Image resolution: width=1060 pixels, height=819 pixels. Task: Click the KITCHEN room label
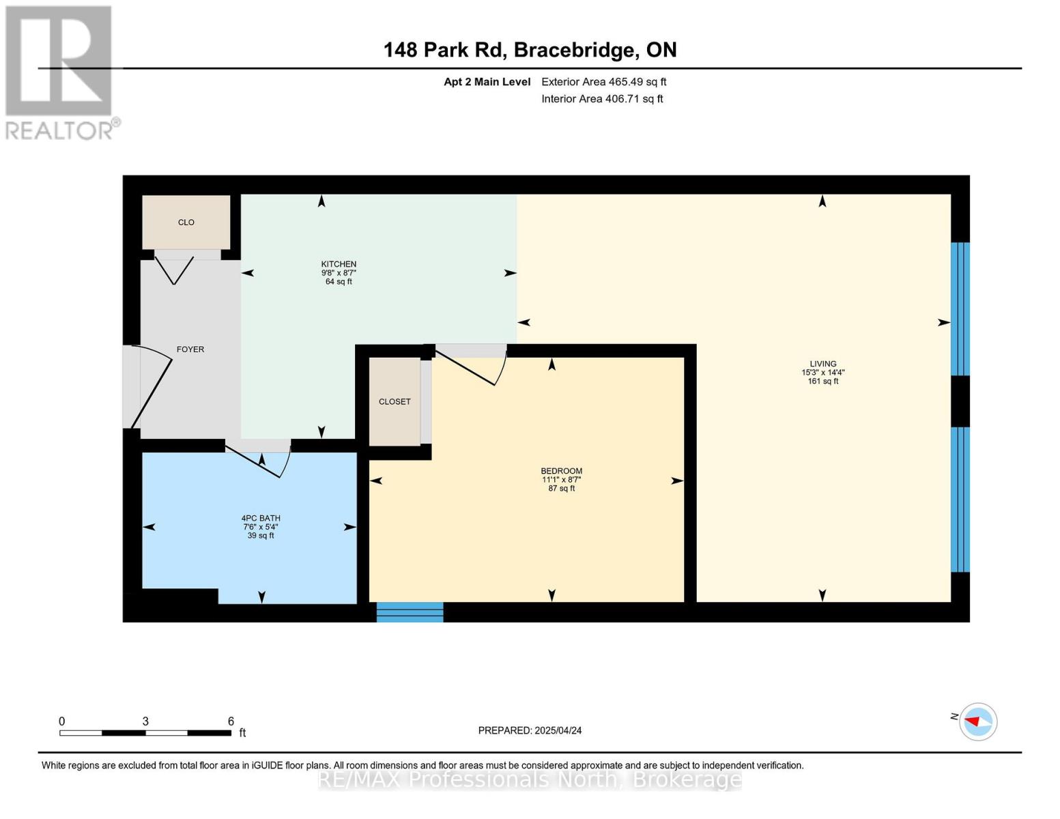coord(339,264)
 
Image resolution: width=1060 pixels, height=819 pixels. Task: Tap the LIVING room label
coord(822,364)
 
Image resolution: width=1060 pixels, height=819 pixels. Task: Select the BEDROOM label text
coord(561,471)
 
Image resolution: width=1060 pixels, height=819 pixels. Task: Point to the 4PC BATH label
coord(261,518)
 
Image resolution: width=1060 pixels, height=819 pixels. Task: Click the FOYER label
coord(190,349)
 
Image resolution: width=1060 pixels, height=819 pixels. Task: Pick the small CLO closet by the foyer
coord(186,222)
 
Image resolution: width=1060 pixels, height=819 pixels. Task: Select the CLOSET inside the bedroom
coord(395,401)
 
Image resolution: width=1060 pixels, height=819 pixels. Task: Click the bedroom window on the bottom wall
coord(410,612)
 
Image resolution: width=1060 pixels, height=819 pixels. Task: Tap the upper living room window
coord(960,309)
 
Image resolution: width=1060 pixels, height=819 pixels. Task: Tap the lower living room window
coord(960,499)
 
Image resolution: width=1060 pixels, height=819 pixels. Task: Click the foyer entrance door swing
coord(150,386)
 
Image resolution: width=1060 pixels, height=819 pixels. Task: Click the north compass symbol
coord(977,721)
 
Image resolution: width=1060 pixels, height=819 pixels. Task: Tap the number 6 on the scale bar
coord(231,721)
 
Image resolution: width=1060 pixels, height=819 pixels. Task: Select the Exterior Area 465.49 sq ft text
coord(603,82)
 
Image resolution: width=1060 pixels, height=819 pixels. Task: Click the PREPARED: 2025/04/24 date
coord(530,730)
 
